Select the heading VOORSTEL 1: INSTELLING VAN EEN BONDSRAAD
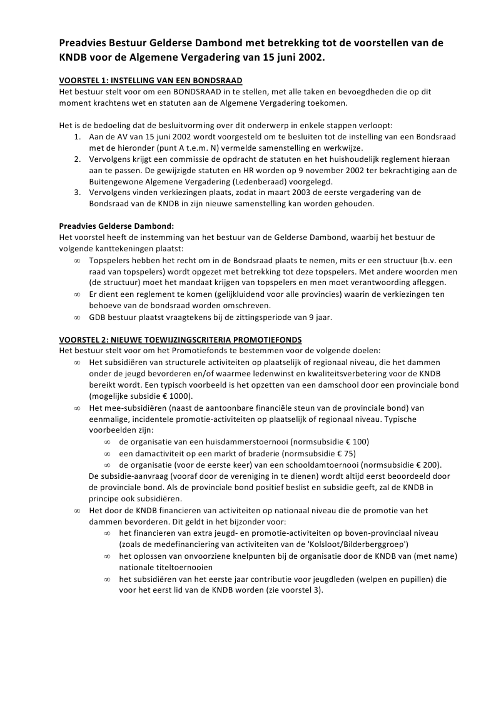point(151,81)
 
